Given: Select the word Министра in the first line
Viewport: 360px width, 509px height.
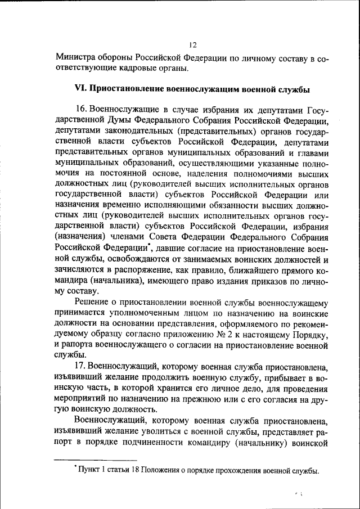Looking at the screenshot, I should tap(74, 58).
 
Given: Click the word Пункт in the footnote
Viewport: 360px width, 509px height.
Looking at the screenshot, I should tap(89, 471).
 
